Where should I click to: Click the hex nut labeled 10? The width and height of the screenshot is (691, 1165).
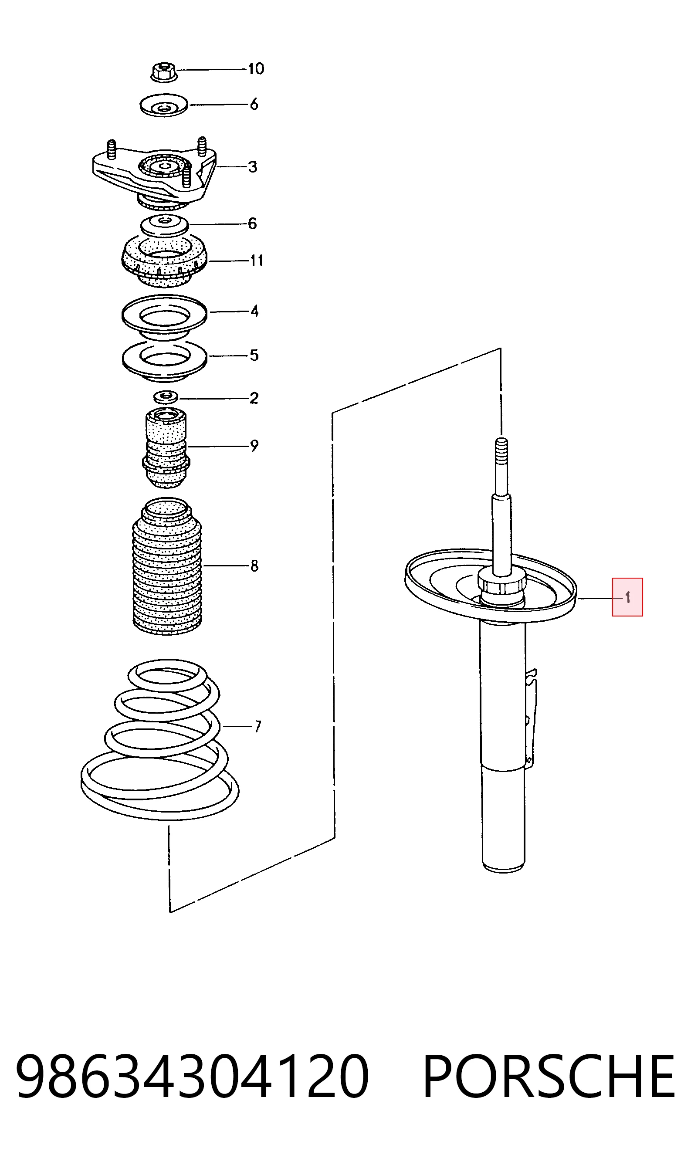[x=164, y=73]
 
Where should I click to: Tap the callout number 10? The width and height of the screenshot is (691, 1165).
[x=256, y=69]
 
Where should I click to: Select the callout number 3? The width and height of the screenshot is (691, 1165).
[x=252, y=167]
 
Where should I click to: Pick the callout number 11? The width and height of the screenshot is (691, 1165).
[x=256, y=260]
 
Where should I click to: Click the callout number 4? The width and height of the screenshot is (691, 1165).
[x=254, y=311]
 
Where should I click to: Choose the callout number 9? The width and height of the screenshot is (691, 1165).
[x=254, y=446]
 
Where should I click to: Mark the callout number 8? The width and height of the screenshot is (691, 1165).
[x=254, y=566]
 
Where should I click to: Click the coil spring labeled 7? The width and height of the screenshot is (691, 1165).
[x=159, y=740]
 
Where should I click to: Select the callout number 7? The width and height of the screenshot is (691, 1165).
[x=257, y=726]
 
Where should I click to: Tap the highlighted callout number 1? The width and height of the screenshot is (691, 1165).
[x=627, y=597]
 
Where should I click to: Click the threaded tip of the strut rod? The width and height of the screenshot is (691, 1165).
[x=501, y=448]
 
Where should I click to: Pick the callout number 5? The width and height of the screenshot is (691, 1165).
[x=254, y=355]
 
